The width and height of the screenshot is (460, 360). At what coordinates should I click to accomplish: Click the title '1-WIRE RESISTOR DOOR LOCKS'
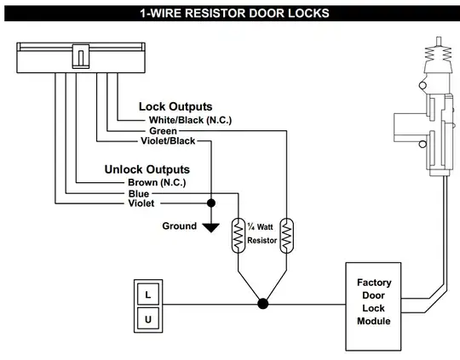(x=230, y=13)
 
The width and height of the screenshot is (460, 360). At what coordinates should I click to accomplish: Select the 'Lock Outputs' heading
(x=175, y=107)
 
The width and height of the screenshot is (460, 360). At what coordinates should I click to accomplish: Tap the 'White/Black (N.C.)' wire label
(x=190, y=120)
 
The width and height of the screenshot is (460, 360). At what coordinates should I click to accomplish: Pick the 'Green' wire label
(x=163, y=131)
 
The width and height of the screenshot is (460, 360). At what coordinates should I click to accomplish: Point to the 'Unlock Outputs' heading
(x=147, y=169)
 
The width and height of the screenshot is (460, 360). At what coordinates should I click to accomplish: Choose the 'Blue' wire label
(x=139, y=193)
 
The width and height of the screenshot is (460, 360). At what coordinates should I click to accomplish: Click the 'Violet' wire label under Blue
(x=142, y=203)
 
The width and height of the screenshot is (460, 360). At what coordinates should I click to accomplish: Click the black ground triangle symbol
(x=210, y=226)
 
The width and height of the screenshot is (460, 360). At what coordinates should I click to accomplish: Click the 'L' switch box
(x=148, y=294)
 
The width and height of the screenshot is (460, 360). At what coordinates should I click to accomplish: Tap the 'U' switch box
(x=148, y=319)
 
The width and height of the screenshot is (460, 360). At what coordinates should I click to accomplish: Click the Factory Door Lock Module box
(x=374, y=302)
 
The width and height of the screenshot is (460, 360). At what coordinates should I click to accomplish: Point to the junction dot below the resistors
(x=263, y=302)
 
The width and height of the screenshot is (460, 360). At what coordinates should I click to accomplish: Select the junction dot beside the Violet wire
(x=210, y=203)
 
